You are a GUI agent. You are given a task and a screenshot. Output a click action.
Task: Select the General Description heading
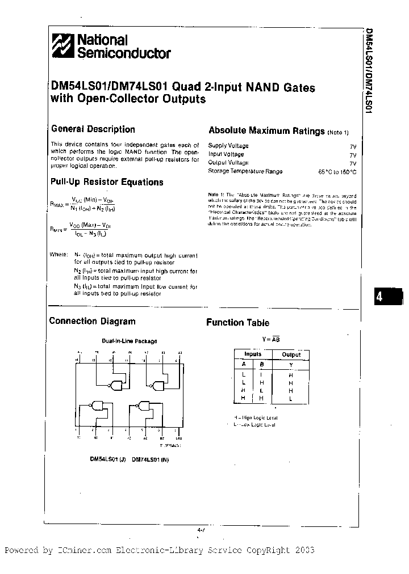(93, 129)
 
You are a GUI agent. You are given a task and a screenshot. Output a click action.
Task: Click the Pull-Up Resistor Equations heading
(107, 182)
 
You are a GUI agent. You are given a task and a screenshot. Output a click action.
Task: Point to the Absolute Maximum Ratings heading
(266, 131)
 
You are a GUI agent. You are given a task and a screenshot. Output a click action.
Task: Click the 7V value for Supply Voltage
(353, 146)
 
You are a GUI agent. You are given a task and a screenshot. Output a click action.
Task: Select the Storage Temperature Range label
(245, 171)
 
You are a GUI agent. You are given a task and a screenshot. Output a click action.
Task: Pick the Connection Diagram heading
(92, 321)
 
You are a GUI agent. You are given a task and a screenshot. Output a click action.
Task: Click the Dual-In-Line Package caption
(129, 341)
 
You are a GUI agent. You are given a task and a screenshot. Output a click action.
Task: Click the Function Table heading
(237, 323)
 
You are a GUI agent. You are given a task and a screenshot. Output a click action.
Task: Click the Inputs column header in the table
(253, 354)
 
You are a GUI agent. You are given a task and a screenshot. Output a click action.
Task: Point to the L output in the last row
(291, 399)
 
